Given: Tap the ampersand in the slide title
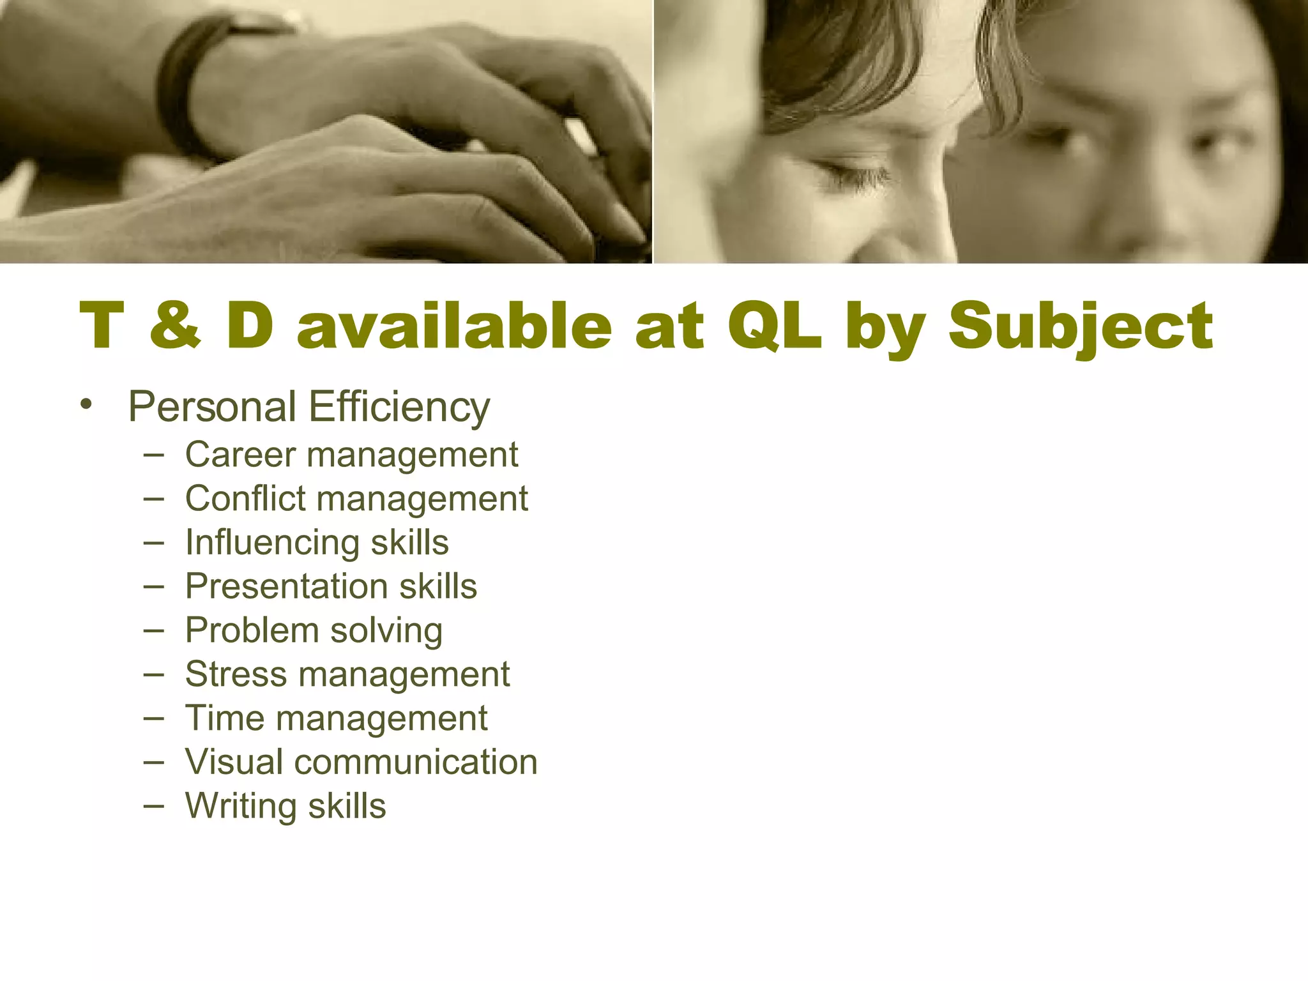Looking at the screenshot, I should (174, 326).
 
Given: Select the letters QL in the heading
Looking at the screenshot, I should (774, 326).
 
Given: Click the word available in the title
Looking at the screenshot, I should (454, 326).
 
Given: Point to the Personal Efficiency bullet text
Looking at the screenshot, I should (309, 407).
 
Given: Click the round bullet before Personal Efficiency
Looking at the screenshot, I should (87, 405).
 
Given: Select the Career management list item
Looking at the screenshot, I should (351, 455).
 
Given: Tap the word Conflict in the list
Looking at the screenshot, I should (245, 499).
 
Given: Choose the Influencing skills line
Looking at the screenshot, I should (317, 543).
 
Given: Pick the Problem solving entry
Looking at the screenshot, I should (314, 631).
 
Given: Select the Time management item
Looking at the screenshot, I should (336, 719).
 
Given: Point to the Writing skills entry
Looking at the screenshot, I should (285, 806).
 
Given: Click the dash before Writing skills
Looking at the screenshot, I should (154, 807).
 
